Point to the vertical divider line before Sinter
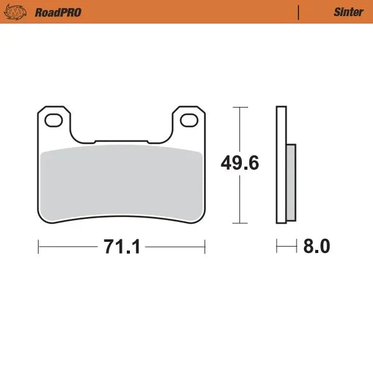pyautogui.click(x=299, y=12)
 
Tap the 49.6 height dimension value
pyautogui.click(x=240, y=164)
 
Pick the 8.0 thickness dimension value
pyautogui.click(x=316, y=247)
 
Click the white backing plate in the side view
pyautogui.click(x=280, y=165)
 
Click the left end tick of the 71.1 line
pyautogui.click(x=39, y=247)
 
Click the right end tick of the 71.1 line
pyautogui.click(x=205, y=247)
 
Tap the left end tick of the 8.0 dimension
pyautogui.click(x=277, y=247)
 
